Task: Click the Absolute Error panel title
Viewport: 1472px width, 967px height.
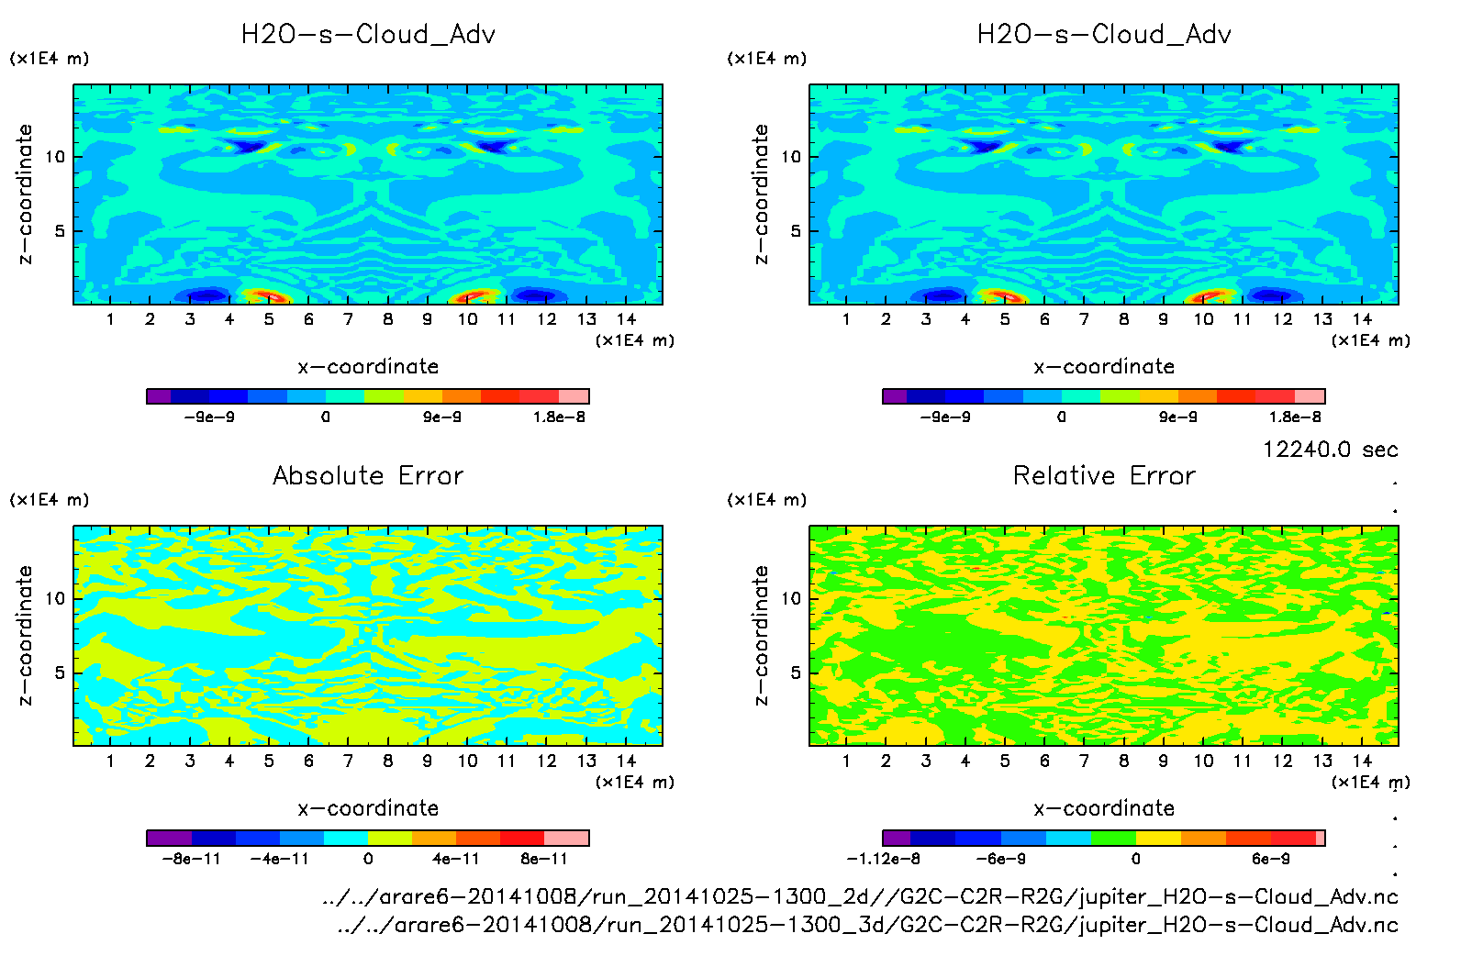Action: coord(368,475)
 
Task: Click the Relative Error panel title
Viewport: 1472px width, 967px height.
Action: coord(1104,475)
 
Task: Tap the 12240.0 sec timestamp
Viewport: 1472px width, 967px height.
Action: coord(1330,450)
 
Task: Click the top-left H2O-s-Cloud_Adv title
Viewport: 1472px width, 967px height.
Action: coord(368,35)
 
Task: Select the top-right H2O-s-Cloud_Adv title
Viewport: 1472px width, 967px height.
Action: coord(1104,35)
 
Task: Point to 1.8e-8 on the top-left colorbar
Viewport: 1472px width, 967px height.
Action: coord(559,417)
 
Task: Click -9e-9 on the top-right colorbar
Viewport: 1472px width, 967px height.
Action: coord(945,417)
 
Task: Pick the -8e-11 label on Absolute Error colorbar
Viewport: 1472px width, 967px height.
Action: coord(191,860)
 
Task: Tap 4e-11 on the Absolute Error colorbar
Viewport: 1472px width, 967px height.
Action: coord(456,860)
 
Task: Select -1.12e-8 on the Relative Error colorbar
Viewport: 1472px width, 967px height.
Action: coord(883,860)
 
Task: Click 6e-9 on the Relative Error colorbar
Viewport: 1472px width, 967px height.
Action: coord(1271,860)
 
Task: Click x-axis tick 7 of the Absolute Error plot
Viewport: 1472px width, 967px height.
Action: coord(348,761)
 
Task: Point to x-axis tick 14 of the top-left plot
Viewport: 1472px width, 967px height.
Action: coord(626,319)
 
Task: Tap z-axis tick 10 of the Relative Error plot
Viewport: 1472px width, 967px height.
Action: coord(791,599)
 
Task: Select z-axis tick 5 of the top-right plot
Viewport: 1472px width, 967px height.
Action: coord(796,231)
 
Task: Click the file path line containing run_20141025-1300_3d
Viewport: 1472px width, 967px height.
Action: coord(867,925)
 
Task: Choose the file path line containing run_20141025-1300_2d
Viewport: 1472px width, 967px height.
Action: coord(860,897)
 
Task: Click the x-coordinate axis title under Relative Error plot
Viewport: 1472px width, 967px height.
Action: coord(1104,808)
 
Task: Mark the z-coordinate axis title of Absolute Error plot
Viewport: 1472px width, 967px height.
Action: coord(26,635)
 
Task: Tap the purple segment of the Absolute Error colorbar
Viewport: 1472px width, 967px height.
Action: coord(169,838)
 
